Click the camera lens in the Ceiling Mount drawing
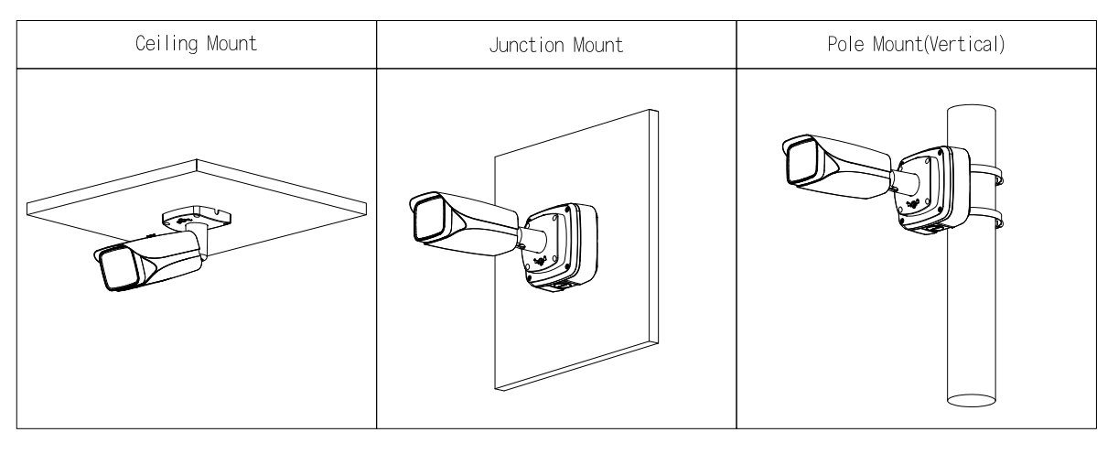coord(118,270)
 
